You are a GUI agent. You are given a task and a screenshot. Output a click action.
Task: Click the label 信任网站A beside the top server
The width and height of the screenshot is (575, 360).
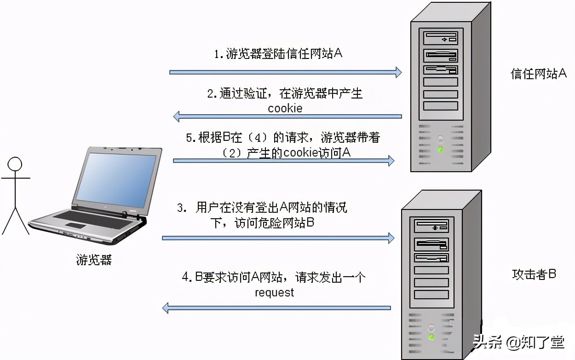click(539, 74)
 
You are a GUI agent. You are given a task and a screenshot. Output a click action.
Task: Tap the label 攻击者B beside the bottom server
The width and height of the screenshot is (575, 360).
click(534, 274)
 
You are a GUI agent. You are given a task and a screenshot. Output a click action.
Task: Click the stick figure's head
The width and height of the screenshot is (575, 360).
click(15, 164)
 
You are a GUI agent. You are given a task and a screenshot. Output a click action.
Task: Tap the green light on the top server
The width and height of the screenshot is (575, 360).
click(441, 149)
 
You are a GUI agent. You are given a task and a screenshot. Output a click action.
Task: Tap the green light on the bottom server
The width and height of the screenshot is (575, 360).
click(431, 337)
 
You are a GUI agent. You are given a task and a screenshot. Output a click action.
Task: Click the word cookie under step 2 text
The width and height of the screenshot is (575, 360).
click(285, 109)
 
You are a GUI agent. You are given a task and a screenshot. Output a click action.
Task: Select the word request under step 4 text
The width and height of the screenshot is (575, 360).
click(274, 292)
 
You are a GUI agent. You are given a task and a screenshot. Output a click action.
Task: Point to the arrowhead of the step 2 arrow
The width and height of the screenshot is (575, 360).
click(177, 116)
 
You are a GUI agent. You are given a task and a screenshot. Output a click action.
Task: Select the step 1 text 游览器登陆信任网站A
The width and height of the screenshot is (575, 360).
click(279, 54)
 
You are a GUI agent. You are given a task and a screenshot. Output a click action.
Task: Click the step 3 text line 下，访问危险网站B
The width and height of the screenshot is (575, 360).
click(262, 223)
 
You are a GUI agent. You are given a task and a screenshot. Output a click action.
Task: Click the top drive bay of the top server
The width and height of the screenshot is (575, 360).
click(440, 38)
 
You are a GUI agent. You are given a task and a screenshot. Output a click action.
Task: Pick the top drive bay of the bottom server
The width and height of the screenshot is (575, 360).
click(431, 226)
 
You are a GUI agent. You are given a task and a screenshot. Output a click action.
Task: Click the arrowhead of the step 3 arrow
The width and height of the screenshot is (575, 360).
click(391, 238)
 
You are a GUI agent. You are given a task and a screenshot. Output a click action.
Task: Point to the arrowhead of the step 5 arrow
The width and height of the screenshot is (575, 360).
click(391, 161)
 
